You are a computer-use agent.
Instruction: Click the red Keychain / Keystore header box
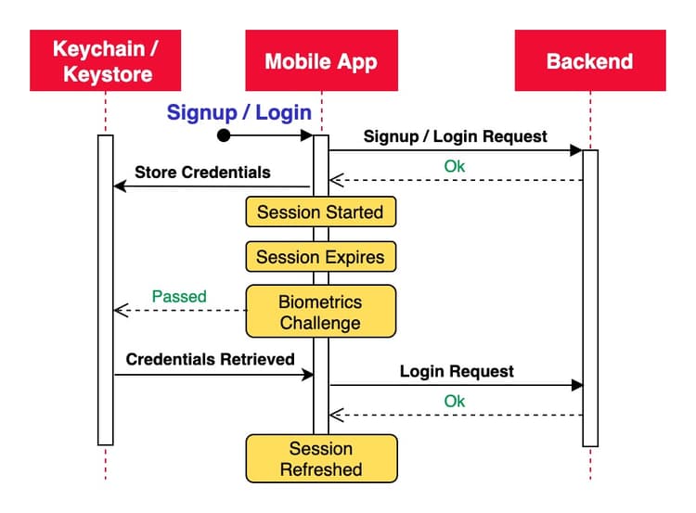pyautogui.click(x=105, y=60)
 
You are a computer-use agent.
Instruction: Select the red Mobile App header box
pyautogui.click(x=321, y=60)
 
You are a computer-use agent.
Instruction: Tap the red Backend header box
pyautogui.click(x=589, y=60)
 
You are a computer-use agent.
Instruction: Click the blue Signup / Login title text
pyautogui.click(x=238, y=112)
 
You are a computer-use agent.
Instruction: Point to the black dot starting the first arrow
pyautogui.click(x=223, y=135)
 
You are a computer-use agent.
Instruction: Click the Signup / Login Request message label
pyautogui.click(x=455, y=135)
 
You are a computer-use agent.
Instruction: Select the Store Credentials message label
pyautogui.click(x=202, y=172)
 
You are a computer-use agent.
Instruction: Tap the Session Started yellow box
pyautogui.click(x=320, y=212)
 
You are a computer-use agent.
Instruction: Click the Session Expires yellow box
pyautogui.click(x=320, y=256)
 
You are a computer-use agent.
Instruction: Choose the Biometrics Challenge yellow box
pyautogui.click(x=320, y=312)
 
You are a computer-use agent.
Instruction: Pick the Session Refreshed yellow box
pyautogui.click(x=320, y=458)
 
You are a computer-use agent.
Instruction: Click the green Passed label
pyautogui.click(x=179, y=297)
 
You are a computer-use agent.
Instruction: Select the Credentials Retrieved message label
pyautogui.click(x=210, y=358)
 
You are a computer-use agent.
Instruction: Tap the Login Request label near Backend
pyautogui.click(x=457, y=371)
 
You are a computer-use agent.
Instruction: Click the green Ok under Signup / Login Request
pyautogui.click(x=455, y=167)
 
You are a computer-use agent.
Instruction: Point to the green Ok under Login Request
pyautogui.click(x=455, y=401)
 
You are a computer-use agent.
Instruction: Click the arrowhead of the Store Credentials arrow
pyautogui.click(x=118, y=186)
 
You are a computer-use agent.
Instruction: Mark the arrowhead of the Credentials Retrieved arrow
pyautogui.click(x=308, y=374)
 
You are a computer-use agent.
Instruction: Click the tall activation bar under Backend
pyautogui.click(x=590, y=297)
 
